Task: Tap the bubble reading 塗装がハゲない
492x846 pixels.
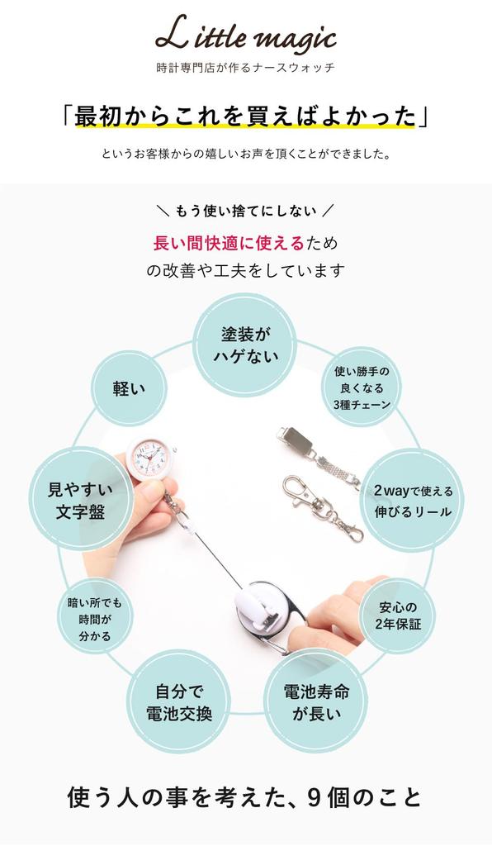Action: tap(245, 345)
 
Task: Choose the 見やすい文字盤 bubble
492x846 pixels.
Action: tap(80, 500)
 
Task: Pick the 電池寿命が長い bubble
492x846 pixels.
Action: tap(316, 701)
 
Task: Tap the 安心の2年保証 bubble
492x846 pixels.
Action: tap(398, 615)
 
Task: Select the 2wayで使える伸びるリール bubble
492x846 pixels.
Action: tap(412, 501)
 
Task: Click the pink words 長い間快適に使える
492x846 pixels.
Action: tap(229, 243)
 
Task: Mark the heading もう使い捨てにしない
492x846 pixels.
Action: tap(245, 210)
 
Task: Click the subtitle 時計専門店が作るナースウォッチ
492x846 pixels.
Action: tap(245, 68)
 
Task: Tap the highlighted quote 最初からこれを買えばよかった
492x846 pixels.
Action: tap(245, 116)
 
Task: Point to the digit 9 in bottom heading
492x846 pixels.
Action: tap(314, 798)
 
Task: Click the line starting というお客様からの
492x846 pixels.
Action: tap(245, 154)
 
